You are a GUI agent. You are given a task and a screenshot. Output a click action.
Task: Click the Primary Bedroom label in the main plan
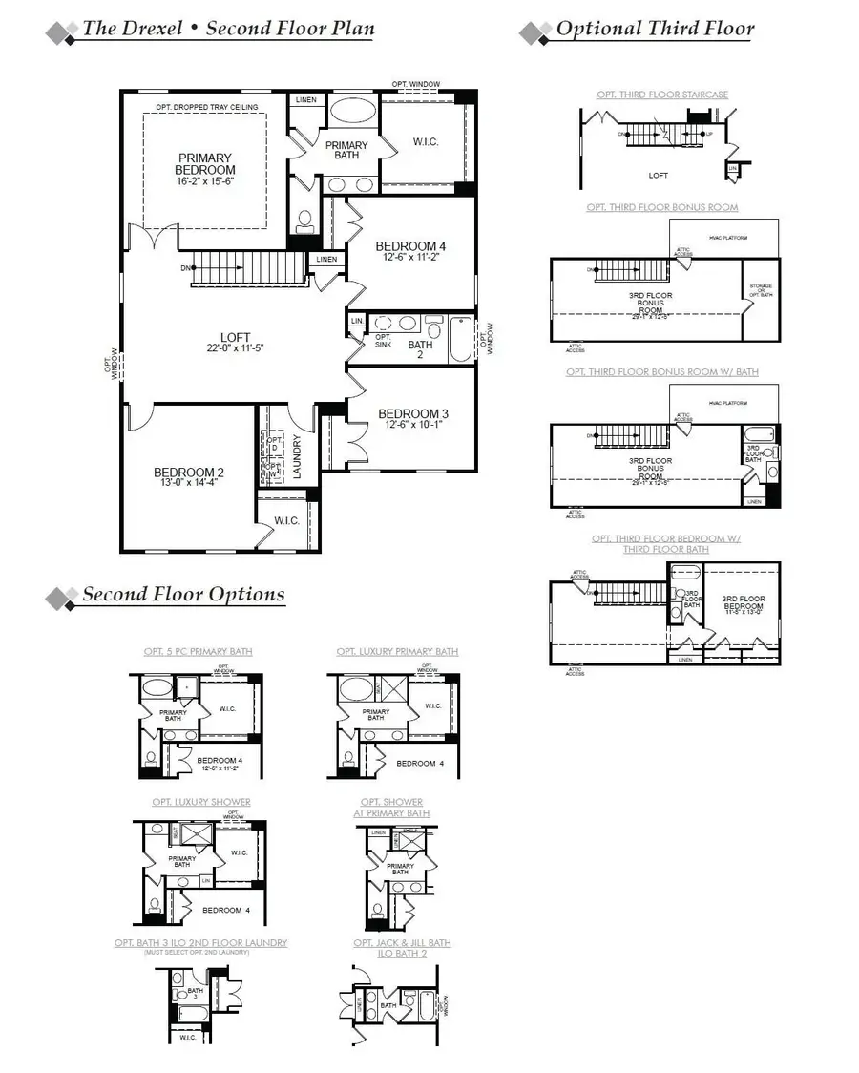(204, 164)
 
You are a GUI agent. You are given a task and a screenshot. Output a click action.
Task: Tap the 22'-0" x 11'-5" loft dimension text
(235, 348)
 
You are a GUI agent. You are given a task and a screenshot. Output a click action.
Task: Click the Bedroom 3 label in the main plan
(412, 414)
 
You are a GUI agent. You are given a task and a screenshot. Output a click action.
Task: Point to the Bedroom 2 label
(189, 473)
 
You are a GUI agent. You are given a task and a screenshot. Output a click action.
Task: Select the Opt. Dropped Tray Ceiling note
(206, 107)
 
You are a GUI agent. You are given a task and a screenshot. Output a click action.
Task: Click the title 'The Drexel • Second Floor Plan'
(227, 28)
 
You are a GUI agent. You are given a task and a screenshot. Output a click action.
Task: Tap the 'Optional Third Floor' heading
(655, 29)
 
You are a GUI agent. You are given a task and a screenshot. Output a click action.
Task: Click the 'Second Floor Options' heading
(183, 594)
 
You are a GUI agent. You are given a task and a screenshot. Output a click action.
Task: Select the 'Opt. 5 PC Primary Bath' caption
(199, 651)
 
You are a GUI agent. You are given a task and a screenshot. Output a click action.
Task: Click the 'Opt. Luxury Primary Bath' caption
(397, 651)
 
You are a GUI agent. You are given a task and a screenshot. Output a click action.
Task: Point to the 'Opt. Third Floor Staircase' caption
(662, 95)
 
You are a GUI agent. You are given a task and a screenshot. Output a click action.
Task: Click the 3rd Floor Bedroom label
(744, 601)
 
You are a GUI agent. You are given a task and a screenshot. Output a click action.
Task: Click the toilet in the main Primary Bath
(305, 221)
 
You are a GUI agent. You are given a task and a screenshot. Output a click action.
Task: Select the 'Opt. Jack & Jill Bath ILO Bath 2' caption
(402, 948)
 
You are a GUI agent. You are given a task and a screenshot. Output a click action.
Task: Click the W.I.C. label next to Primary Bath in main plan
(425, 142)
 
